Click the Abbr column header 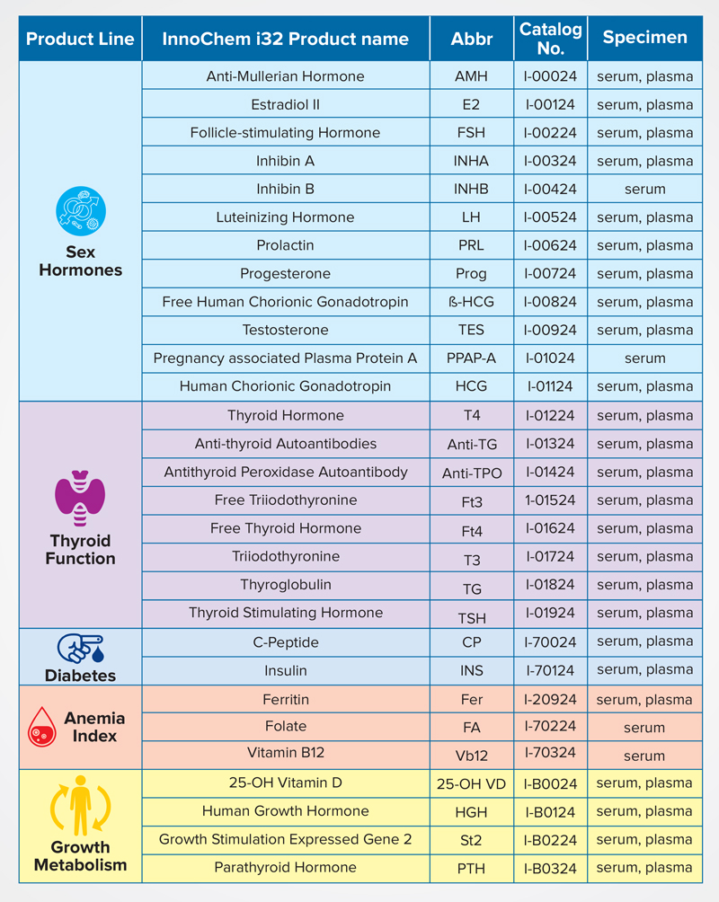472,39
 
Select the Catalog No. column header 550,39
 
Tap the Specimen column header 644,38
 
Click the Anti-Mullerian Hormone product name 286,76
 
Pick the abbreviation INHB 471,189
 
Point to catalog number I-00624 550,245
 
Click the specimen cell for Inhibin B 644,189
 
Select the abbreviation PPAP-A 471,358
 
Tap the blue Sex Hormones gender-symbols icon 81,210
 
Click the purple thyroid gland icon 80,499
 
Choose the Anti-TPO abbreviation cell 472,473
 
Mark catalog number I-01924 550,613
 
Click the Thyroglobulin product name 286,585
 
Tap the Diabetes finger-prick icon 81,649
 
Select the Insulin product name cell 286,671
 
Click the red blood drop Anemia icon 42,727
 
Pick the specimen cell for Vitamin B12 644,756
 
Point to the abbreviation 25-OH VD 471,784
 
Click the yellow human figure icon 80,805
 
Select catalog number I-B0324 550,868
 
